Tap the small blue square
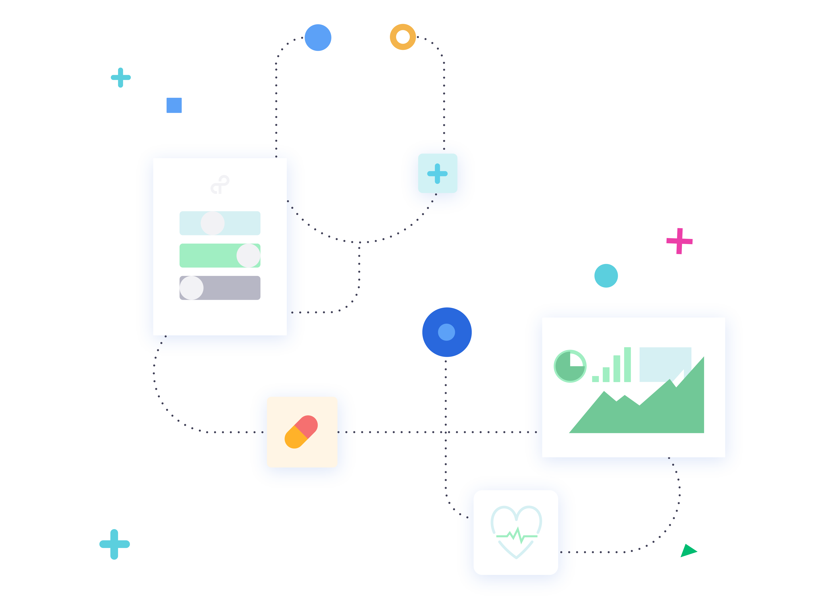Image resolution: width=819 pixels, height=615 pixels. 174,105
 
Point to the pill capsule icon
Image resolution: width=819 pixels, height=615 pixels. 301,432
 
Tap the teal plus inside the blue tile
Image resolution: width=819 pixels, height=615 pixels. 437,174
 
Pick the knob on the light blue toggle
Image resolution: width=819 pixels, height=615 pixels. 213,223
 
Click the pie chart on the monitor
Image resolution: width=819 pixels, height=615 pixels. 570,366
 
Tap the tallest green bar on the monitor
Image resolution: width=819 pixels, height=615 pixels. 627,364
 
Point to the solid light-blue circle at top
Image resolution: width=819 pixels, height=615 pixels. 318,38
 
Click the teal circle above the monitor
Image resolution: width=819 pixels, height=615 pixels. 606,276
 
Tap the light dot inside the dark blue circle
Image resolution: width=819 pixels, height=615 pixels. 447,332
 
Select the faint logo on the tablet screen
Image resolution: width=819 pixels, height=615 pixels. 220,185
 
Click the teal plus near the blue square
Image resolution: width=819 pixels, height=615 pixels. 121,78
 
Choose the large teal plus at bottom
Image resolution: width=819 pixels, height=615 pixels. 114,544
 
